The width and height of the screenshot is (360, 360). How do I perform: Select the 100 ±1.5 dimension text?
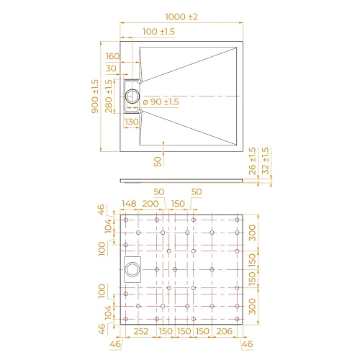(159, 32)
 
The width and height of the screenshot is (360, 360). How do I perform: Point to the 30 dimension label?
(111, 68)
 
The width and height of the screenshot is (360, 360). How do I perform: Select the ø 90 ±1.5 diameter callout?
(161, 102)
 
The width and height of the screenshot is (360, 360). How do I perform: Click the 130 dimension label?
(131, 122)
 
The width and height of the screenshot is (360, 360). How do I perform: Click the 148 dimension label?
(129, 204)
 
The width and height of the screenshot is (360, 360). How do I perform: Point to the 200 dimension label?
(150, 204)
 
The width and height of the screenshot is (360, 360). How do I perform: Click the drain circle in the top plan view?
(133, 95)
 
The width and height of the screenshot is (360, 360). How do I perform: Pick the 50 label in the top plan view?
(158, 161)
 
